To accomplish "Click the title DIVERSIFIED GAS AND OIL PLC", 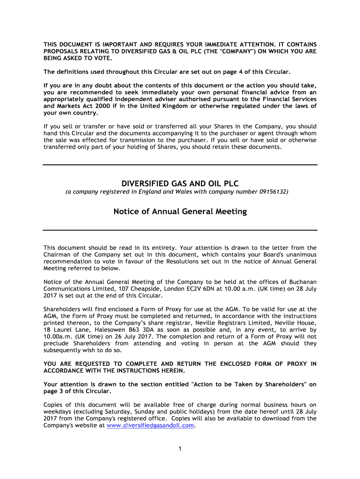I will pos(180,182).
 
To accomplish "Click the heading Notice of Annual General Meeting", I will pos(180,211).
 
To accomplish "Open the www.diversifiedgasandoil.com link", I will pos(150,426).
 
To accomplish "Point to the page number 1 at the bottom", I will pos(180,449).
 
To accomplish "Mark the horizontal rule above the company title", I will pos(180,165).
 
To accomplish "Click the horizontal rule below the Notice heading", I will pos(180,230).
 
